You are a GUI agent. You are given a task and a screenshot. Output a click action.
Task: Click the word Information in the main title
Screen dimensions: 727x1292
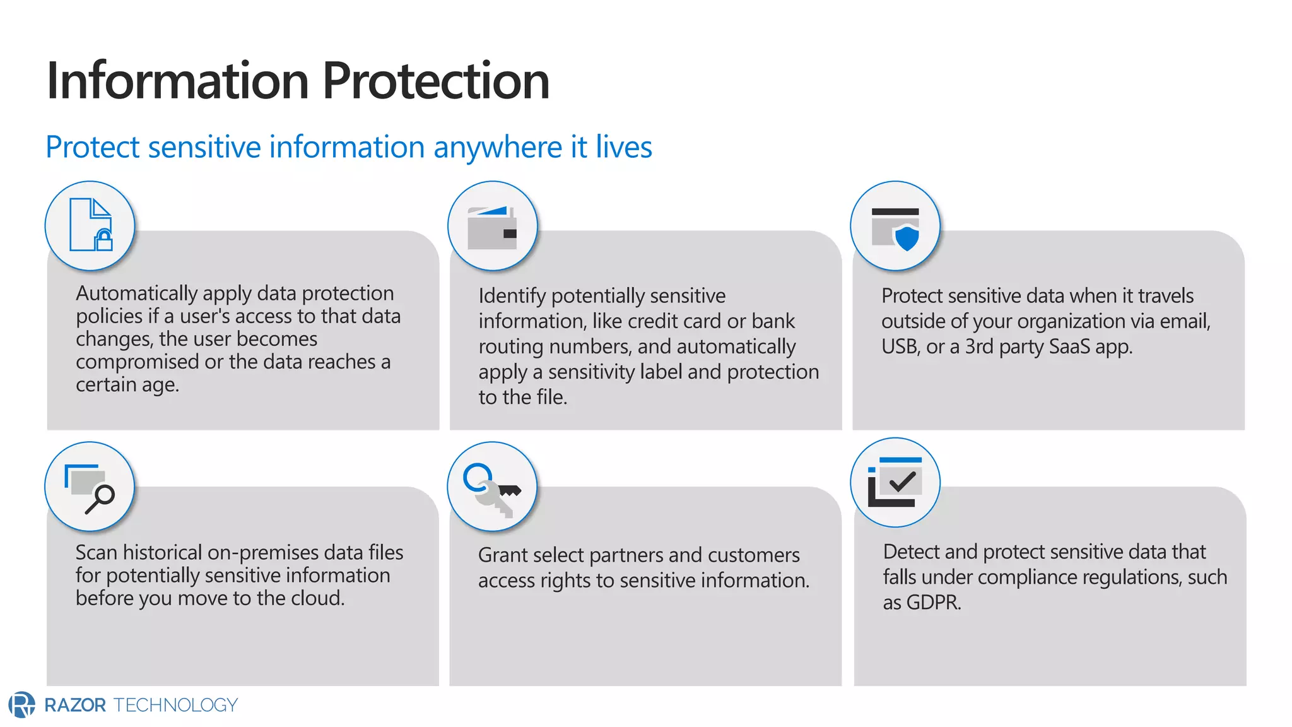point(177,81)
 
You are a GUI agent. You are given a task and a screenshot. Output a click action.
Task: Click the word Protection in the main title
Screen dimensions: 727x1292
point(436,81)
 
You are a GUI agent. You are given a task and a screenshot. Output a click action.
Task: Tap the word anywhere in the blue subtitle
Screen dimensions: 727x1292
point(498,148)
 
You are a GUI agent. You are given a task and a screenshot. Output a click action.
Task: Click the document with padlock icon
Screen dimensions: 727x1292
point(90,225)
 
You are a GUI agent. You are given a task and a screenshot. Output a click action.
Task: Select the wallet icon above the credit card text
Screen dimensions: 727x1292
point(493,227)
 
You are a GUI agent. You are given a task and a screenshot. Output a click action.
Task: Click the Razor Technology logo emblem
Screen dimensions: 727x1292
point(22,705)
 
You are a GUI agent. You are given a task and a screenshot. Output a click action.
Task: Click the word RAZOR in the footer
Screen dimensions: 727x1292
point(75,705)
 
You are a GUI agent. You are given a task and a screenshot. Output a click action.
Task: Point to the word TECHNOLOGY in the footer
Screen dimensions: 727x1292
point(175,705)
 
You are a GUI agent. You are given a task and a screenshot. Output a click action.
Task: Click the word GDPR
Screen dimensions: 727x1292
point(933,603)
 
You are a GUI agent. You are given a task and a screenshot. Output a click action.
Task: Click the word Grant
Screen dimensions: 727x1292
point(500,555)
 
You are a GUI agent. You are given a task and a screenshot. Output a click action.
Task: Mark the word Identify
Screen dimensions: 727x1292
point(512,296)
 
